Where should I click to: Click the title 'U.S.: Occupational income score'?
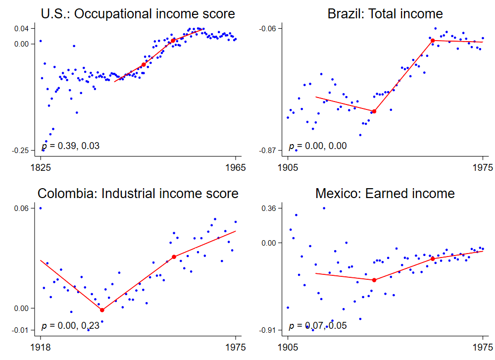(138, 13)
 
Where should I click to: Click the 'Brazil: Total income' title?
(385, 13)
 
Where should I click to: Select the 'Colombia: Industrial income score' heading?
(138, 193)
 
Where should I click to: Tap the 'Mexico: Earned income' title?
(385, 193)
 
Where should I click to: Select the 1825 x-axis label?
(41, 167)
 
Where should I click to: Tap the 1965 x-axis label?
(236, 167)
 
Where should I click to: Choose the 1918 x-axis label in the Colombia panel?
(41, 347)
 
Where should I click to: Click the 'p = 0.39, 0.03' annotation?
(70, 146)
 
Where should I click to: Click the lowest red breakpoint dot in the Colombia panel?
(102, 310)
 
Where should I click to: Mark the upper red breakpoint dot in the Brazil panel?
(433, 41)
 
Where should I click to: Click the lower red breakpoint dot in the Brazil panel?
(374, 111)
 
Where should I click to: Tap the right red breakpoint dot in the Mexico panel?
(433, 258)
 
